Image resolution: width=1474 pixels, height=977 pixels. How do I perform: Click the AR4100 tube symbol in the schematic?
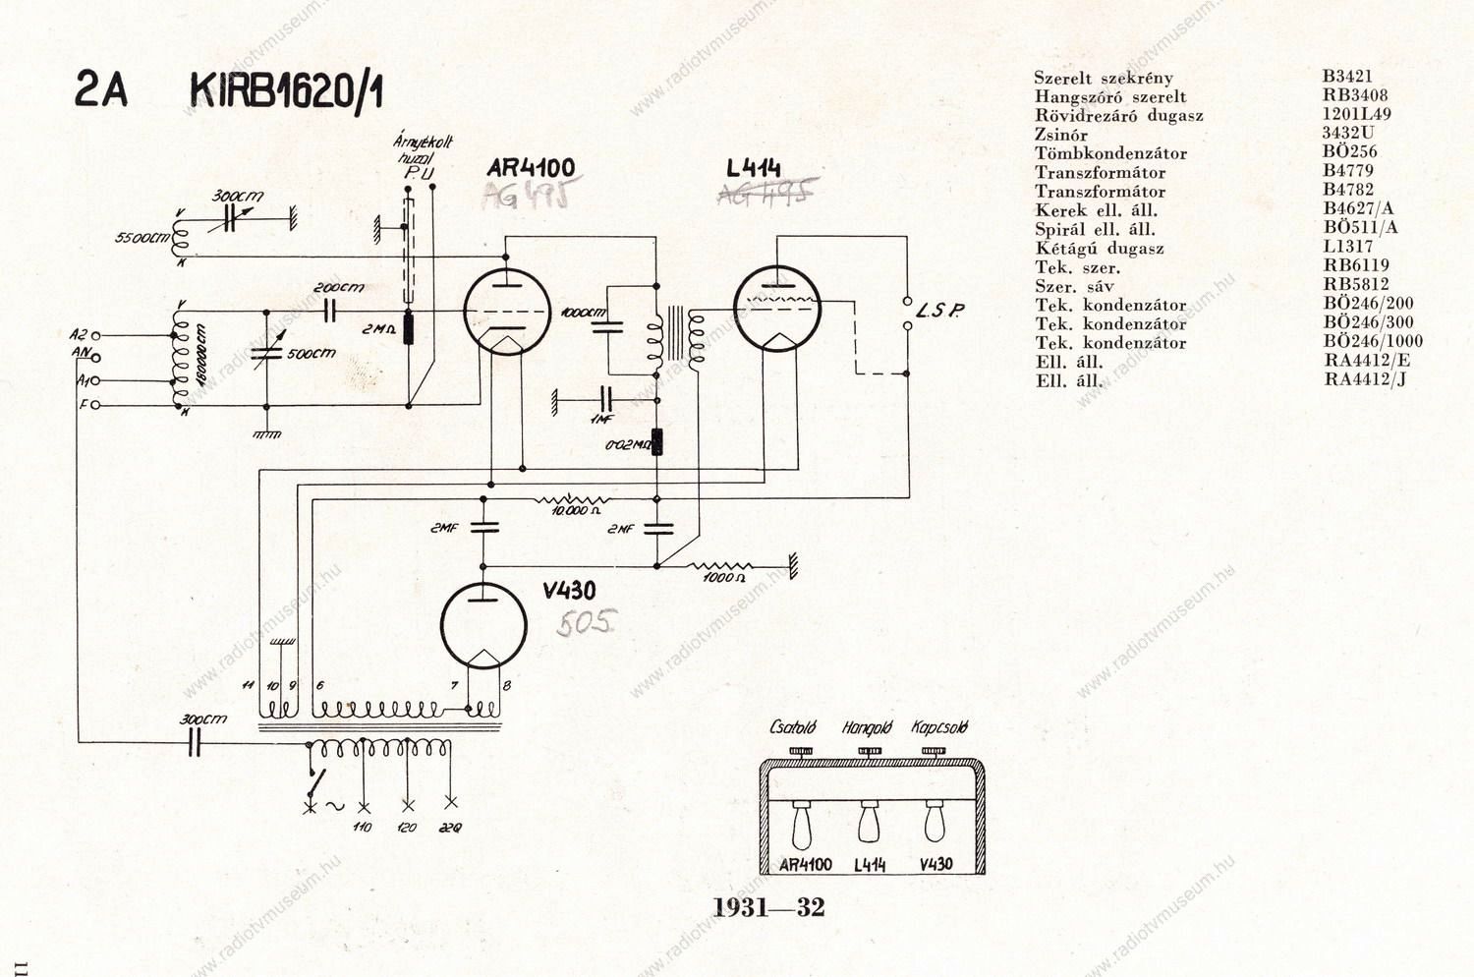506,312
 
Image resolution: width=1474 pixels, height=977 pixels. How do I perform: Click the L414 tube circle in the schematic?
776,309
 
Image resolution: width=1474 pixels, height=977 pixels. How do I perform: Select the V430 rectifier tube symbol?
482,624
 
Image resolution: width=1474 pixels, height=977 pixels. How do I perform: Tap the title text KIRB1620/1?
286,91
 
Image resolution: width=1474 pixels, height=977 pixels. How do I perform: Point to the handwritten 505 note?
587,622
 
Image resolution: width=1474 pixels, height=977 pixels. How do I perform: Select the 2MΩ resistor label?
378,329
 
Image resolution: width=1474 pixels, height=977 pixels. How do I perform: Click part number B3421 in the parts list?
1347,76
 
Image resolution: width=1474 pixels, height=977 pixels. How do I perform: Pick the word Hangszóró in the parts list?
1078,96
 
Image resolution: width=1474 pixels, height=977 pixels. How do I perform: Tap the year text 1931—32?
768,907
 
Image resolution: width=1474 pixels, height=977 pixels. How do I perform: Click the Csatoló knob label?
792,728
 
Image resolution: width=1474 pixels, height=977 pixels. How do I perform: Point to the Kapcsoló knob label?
939,728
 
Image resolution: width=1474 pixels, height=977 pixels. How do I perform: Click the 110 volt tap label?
362,828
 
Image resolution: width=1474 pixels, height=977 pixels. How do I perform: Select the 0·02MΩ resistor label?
627,445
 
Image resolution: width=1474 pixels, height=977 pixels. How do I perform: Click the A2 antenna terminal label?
79,335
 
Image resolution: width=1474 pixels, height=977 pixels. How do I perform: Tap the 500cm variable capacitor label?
311,354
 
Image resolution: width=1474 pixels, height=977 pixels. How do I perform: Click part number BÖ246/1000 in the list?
1373,342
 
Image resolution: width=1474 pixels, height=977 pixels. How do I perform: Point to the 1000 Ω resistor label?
723,578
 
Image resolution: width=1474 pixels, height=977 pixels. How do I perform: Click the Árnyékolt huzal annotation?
423,149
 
